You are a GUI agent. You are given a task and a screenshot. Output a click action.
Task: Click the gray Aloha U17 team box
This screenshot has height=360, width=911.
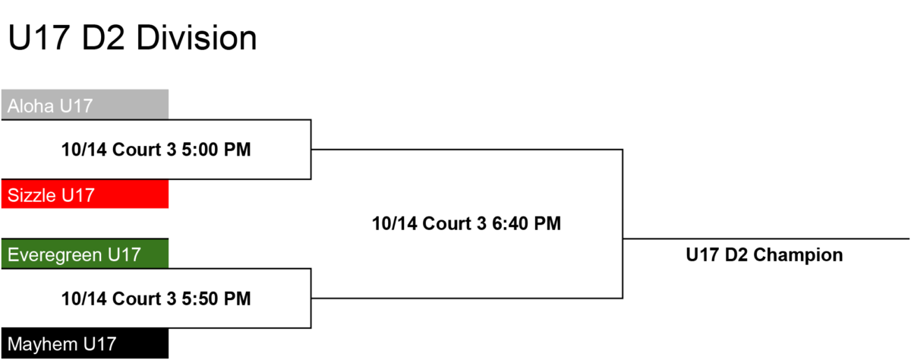(85, 105)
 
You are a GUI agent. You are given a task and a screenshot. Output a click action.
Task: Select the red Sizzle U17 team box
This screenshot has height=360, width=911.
(85, 194)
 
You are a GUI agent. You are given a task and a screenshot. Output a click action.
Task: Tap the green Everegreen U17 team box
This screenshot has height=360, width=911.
(85, 254)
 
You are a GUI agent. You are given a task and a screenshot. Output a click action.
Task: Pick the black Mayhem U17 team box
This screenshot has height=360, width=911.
(85, 343)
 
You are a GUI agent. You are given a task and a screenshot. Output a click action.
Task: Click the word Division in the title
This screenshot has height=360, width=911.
(197, 38)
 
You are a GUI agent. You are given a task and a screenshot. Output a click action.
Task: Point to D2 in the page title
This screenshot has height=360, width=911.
(103, 38)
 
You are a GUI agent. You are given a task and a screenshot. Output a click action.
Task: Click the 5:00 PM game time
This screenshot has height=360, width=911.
(216, 150)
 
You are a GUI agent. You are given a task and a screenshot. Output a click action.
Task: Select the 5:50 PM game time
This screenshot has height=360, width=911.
(216, 298)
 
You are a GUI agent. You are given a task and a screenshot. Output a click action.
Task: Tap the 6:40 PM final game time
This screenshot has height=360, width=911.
(526, 223)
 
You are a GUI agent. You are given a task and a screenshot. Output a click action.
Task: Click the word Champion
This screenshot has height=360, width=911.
(798, 255)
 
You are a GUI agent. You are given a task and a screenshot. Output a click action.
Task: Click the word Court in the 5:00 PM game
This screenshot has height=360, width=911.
(137, 150)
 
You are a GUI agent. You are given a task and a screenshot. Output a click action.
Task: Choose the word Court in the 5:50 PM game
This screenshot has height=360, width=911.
(137, 298)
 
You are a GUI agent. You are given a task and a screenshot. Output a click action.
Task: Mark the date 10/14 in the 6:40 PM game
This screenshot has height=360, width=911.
(395, 223)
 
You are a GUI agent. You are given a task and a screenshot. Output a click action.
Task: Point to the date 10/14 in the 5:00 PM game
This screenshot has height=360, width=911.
(84, 150)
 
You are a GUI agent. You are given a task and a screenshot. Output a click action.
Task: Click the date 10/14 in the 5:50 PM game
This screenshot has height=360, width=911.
(84, 298)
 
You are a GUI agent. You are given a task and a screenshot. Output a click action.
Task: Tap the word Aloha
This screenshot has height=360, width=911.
(31, 106)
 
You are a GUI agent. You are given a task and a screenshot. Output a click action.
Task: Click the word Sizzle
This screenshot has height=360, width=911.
(32, 195)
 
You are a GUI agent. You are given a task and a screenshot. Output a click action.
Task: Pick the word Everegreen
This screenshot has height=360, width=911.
(55, 255)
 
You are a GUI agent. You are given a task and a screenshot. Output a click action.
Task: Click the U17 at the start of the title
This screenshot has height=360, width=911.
(39, 38)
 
